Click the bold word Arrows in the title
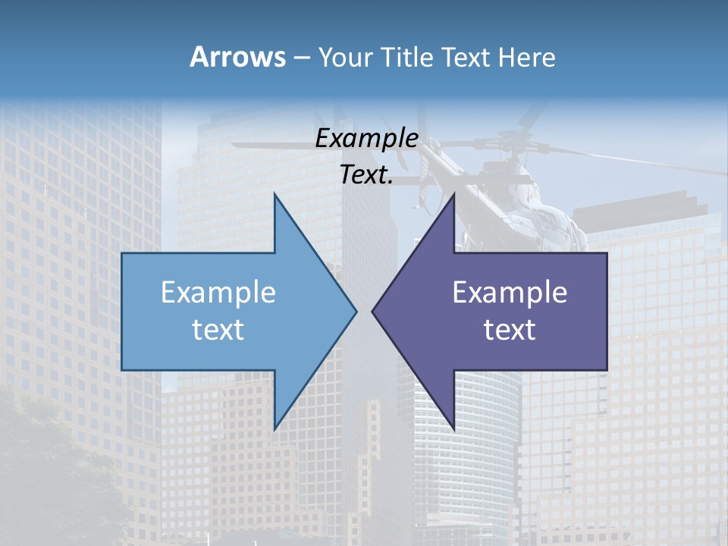pyautogui.click(x=238, y=57)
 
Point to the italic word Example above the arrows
pyautogui.click(x=366, y=139)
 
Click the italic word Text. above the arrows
pyautogui.click(x=366, y=175)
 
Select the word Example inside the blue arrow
pyautogui.click(x=218, y=293)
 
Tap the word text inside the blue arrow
pyautogui.click(x=218, y=330)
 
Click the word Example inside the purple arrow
pyautogui.click(x=510, y=293)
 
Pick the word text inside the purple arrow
pyautogui.click(x=510, y=330)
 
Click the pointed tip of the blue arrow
pyautogui.click(x=356, y=311)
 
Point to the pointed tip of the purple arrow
pyautogui.click(x=373, y=311)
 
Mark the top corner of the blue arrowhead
pyautogui.click(x=275, y=194)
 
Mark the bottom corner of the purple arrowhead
pyautogui.click(x=453, y=428)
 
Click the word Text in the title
pyautogui.click(x=467, y=57)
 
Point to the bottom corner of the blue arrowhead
pyautogui.click(x=275, y=428)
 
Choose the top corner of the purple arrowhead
pyautogui.click(x=453, y=194)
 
